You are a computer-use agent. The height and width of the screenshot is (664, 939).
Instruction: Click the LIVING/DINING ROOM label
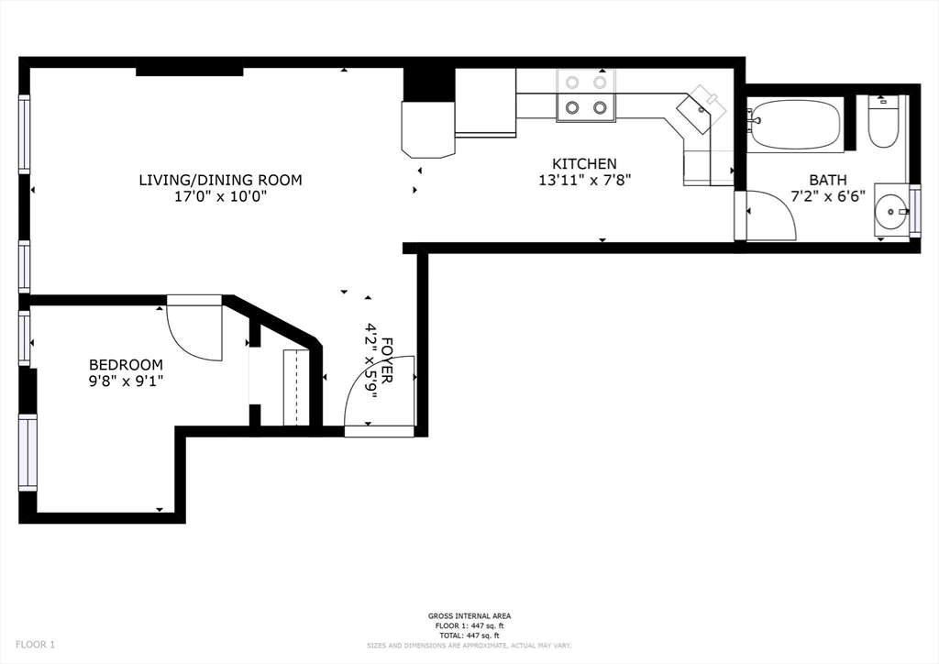[220, 180]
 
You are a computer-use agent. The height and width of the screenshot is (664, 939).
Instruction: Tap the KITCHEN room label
[584, 164]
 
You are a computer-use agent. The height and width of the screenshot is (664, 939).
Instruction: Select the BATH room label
[827, 180]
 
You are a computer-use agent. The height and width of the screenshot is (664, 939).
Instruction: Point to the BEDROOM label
[126, 364]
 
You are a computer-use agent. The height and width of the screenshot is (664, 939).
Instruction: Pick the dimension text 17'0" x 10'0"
[220, 196]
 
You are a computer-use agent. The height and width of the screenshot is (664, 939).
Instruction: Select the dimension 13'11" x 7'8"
[584, 180]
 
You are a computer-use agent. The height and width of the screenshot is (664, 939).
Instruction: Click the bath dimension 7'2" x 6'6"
[827, 195]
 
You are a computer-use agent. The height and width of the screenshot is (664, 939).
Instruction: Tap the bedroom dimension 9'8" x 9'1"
[126, 380]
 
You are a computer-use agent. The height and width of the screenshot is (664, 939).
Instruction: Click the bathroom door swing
[768, 216]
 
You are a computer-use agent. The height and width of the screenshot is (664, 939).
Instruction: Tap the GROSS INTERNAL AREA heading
[469, 615]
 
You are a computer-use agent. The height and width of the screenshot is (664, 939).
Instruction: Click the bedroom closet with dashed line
[295, 387]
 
